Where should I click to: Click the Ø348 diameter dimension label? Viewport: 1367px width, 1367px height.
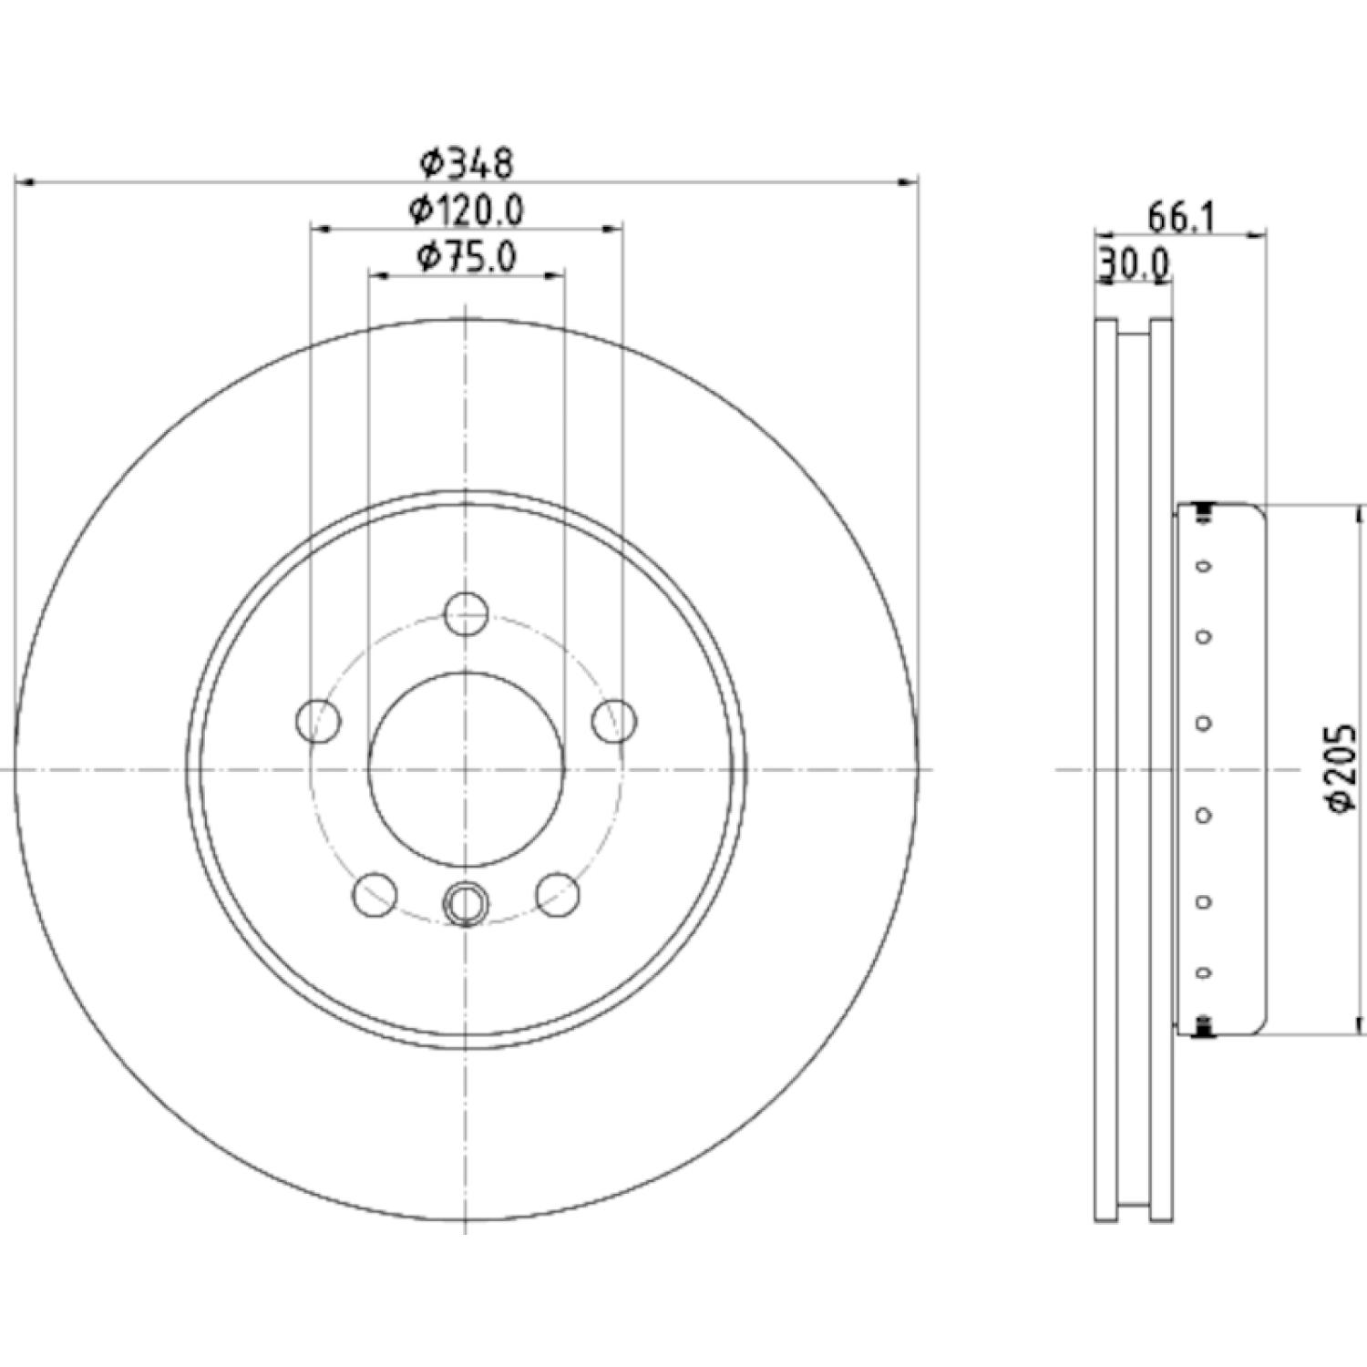click(467, 164)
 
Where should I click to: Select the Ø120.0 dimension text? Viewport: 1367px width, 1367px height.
click(467, 211)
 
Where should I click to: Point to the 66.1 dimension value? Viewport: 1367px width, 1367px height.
click(1180, 219)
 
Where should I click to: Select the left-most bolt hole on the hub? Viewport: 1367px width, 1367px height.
click(319, 721)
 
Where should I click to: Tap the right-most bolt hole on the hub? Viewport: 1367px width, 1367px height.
click(614, 721)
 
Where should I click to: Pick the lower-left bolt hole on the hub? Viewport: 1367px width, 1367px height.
click(375, 894)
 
